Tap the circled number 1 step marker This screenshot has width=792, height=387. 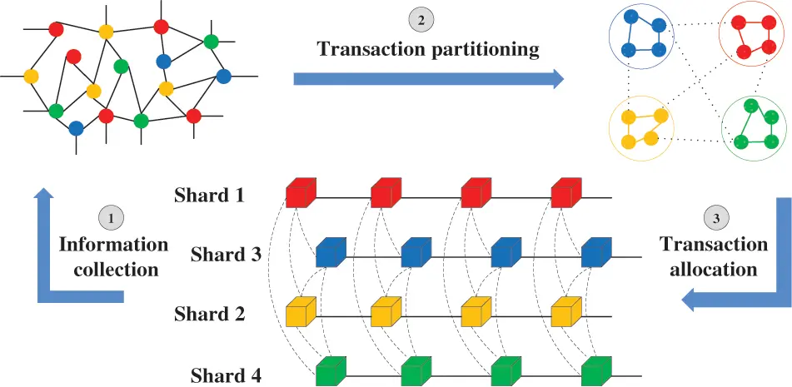coord(111,218)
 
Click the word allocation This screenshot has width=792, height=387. coord(714,270)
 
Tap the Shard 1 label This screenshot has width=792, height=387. coord(209,196)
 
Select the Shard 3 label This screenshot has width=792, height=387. coord(226,254)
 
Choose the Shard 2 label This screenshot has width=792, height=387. coord(209,315)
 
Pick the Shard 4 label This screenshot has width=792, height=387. coord(226,374)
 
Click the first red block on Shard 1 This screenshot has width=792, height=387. coord(300,193)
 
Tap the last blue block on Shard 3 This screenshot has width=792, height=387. coord(596,252)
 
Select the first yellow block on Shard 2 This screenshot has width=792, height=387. coord(300,313)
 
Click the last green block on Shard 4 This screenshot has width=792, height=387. coord(596,372)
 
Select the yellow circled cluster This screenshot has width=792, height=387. coord(640,128)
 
